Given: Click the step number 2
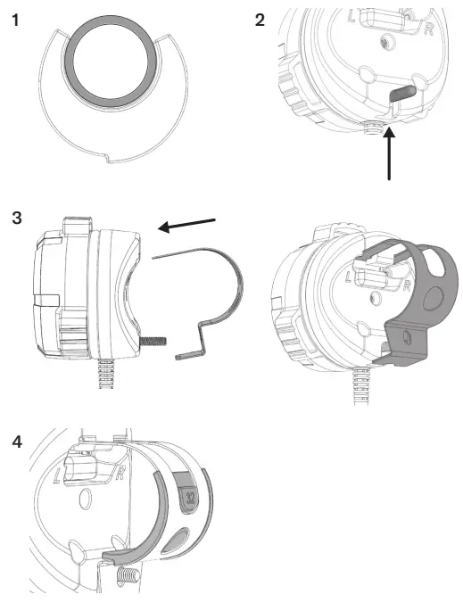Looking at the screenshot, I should [260, 19].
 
